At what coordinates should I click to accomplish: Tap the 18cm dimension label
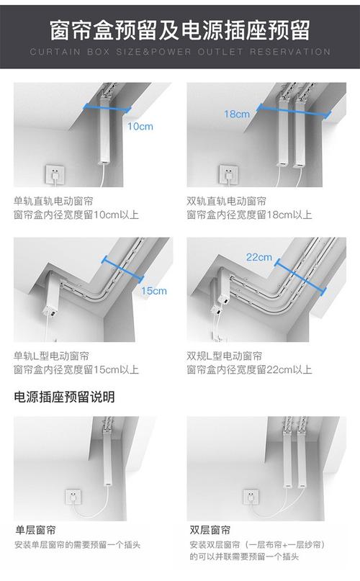click(236, 114)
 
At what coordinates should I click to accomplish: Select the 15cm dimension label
click(153, 291)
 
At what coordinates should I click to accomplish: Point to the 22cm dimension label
click(258, 256)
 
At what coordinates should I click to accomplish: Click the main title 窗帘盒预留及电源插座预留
click(179, 30)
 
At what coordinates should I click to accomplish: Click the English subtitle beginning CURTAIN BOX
click(179, 52)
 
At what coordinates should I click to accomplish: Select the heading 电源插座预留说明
click(64, 397)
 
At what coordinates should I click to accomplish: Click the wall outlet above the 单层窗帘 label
click(73, 496)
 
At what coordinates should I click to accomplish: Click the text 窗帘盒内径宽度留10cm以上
click(76, 215)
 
